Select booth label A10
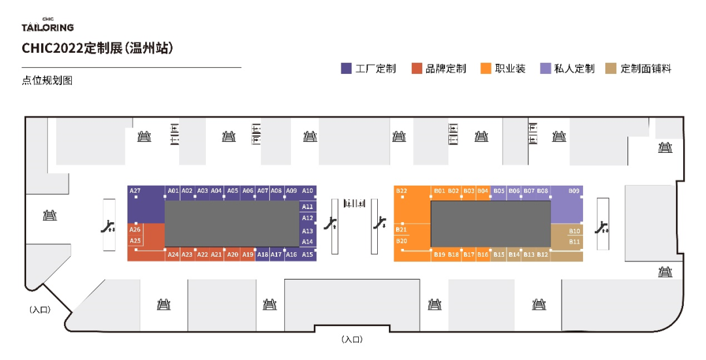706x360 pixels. (308, 191)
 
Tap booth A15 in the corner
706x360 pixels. (308, 255)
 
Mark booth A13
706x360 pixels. (308, 231)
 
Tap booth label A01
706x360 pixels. (173, 191)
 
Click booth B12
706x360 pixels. (543, 255)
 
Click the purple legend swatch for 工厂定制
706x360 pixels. (346, 69)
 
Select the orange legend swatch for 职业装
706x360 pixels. (486, 69)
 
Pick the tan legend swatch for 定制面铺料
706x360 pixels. (611, 69)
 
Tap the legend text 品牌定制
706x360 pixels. (446, 69)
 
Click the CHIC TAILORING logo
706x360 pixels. (48, 25)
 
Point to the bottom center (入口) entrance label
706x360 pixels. (352, 340)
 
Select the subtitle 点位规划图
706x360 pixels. (46, 81)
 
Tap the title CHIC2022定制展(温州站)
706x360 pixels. (97, 48)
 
